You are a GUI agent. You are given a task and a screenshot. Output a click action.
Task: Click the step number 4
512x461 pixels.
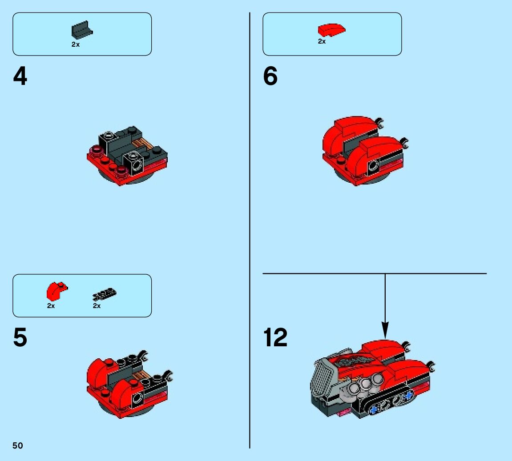point(20,77)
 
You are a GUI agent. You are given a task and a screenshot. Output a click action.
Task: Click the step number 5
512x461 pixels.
point(20,338)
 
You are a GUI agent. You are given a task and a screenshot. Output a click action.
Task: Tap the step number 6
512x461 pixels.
point(270,77)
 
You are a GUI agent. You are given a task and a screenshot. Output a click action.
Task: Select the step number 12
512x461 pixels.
point(275,338)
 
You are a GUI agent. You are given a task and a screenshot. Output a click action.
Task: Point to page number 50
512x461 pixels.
point(18,445)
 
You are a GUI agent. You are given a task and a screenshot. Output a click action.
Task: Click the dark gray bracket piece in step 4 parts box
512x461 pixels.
point(81,31)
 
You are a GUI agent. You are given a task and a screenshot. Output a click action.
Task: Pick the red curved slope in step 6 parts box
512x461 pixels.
point(331,30)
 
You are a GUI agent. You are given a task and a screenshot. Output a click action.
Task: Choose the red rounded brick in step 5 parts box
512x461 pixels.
point(56,291)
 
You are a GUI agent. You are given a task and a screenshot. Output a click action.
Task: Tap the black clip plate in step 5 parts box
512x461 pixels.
point(104,293)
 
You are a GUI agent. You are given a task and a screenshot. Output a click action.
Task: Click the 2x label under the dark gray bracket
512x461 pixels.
point(76,44)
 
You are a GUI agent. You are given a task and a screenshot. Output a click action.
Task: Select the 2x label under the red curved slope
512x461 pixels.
point(322,41)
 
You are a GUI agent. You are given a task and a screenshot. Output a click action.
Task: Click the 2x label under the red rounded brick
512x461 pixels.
point(51,306)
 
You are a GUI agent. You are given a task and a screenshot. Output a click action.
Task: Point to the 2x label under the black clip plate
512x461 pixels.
point(97,306)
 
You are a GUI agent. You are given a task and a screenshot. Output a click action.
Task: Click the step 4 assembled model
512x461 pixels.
point(127,156)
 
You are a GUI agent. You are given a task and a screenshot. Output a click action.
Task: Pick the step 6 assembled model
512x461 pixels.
point(365,151)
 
